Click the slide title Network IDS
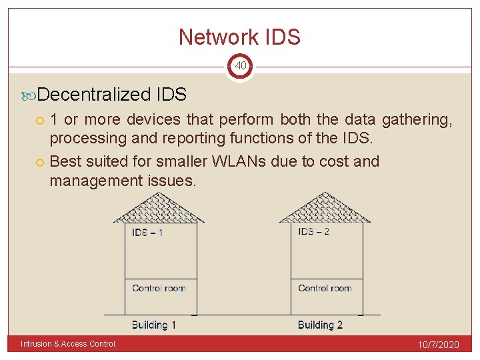coord(239,37)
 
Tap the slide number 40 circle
coord(240,66)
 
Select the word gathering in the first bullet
coord(417,119)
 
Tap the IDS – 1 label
coord(148,233)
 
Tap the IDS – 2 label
coord(314,231)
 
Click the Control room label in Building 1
coord(159,288)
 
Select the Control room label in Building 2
coord(325,288)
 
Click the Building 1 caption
coord(154,325)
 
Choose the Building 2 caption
coord(320,325)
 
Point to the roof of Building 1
coord(159,208)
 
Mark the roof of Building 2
coord(325,208)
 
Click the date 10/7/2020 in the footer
coord(437,344)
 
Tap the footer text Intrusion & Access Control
coord(68,344)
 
